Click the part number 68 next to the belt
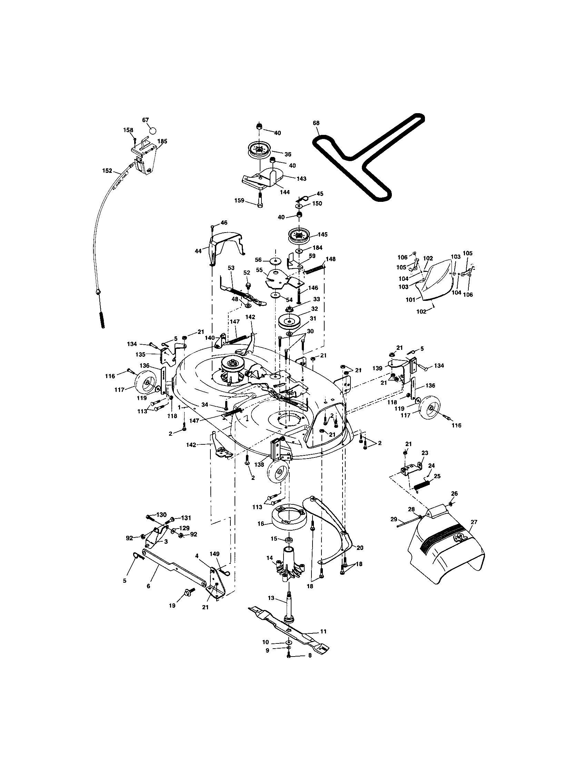(x=316, y=123)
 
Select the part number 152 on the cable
(x=107, y=171)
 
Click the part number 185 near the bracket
(x=162, y=141)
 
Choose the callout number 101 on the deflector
(x=410, y=299)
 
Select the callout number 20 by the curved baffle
(x=359, y=548)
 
